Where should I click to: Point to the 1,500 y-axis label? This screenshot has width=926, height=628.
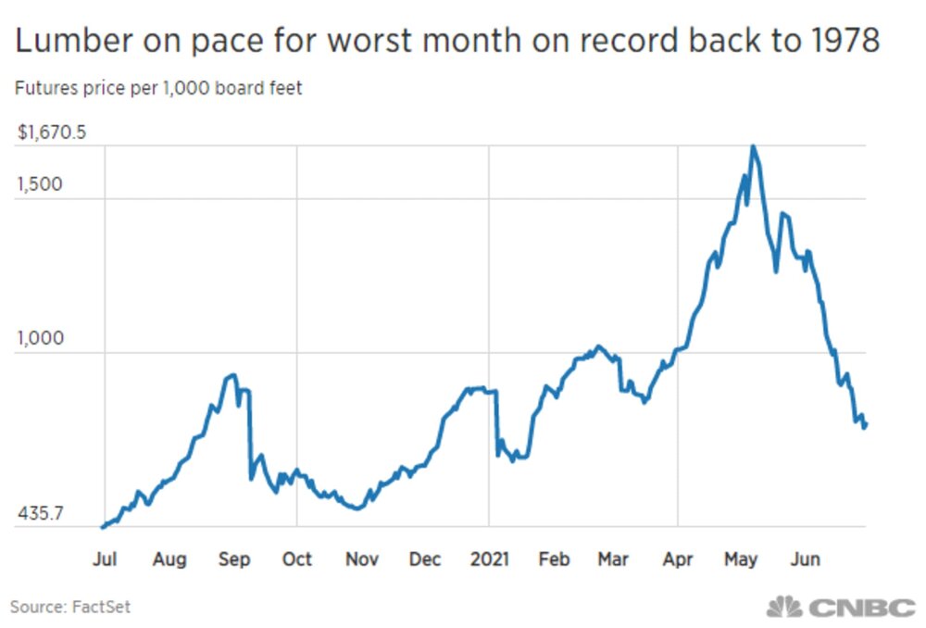click(x=40, y=183)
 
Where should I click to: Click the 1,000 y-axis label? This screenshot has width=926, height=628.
click(x=40, y=337)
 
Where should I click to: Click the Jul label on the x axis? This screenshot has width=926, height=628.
click(x=104, y=559)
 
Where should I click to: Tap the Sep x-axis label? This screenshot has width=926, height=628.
click(x=233, y=559)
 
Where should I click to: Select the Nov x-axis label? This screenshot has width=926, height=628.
click(x=361, y=559)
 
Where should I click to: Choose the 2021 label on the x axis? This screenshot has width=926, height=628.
click(x=489, y=559)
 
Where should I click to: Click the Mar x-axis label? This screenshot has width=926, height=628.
click(x=613, y=559)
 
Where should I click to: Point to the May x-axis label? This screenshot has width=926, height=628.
click(x=741, y=559)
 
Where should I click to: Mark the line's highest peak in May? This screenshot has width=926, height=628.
click(x=754, y=146)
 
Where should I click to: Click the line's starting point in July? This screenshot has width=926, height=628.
click(x=102, y=527)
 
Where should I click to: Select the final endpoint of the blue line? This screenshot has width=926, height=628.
click(x=867, y=424)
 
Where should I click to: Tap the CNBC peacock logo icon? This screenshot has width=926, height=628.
click(x=783, y=608)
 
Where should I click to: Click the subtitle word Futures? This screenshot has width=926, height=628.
click(x=44, y=90)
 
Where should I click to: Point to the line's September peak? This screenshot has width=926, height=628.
click(x=232, y=375)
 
